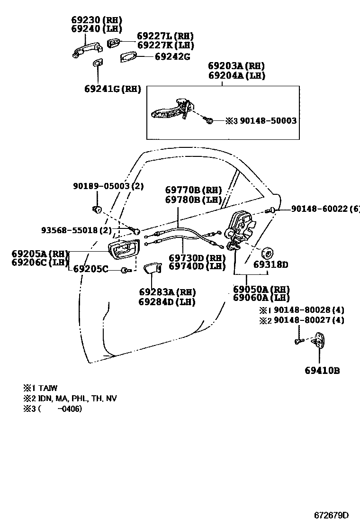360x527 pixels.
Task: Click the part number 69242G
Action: (172, 56)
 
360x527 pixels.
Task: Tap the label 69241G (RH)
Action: (113, 89)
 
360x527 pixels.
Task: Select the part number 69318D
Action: (270, 264)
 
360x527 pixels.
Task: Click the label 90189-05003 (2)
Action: (108, 186)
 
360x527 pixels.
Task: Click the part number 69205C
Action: (90, 269)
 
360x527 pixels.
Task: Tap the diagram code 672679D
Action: (331, 515)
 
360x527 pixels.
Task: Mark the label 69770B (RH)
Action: (194, 191)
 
